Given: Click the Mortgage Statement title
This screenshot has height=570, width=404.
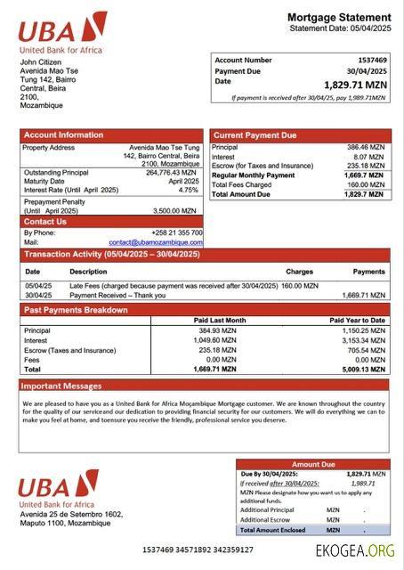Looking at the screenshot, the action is coord(338,17).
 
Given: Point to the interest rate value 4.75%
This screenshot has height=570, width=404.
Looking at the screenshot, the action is coord(188,190).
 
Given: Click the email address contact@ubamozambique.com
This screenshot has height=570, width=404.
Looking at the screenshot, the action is coord(156,242).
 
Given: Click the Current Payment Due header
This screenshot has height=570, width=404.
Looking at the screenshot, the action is coord(254,135).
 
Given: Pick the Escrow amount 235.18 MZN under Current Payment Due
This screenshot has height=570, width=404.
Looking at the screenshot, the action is coord(365,166).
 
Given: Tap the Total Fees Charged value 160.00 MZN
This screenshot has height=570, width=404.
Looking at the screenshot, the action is coord(365,184).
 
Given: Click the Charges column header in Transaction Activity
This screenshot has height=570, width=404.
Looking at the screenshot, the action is coord(299,272).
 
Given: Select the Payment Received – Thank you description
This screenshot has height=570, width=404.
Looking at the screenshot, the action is coord(117,295).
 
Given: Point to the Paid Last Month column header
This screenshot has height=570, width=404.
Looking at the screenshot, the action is coord(220,320).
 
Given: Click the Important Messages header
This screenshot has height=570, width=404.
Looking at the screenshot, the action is coord(61,387).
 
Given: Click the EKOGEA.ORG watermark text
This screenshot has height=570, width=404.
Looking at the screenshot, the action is coord(355,550).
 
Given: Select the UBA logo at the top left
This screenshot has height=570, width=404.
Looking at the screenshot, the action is coord(62,31).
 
